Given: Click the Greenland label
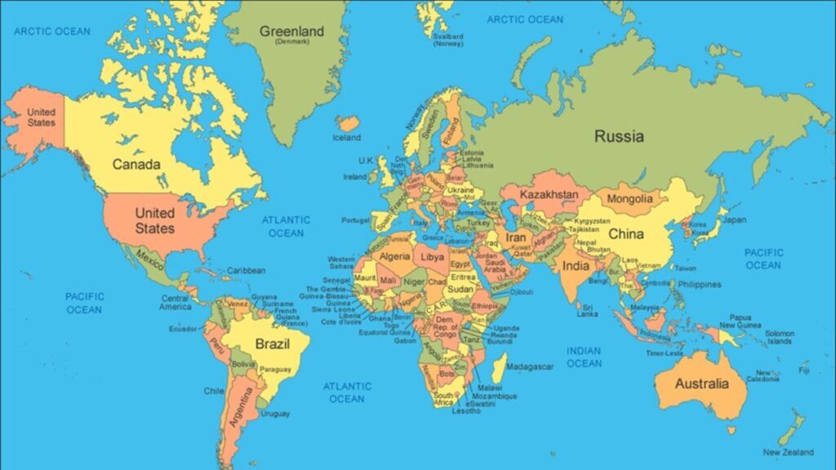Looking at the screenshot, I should point(291,32).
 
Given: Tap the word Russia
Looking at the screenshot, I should point(618,136).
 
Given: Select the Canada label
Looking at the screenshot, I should point(136,164).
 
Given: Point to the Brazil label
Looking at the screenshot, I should point(273,344).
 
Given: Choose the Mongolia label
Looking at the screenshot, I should point(629,198).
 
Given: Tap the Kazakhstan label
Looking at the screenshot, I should point(549,195).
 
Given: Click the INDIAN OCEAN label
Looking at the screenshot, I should point(584,357).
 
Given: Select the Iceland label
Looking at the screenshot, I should point(346,138).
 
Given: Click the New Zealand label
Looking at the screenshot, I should point(788,452).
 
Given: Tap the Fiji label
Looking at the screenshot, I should point(804,370).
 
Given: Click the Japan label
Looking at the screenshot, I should point(734,219).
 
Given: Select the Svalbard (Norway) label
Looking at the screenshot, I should point(448,40).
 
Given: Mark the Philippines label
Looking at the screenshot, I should point(699,285).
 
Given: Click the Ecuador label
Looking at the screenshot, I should point(182,329).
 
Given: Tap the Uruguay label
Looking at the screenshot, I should point(275,414).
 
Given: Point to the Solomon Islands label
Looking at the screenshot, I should point(779,337).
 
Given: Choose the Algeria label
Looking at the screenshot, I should point(395,256).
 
